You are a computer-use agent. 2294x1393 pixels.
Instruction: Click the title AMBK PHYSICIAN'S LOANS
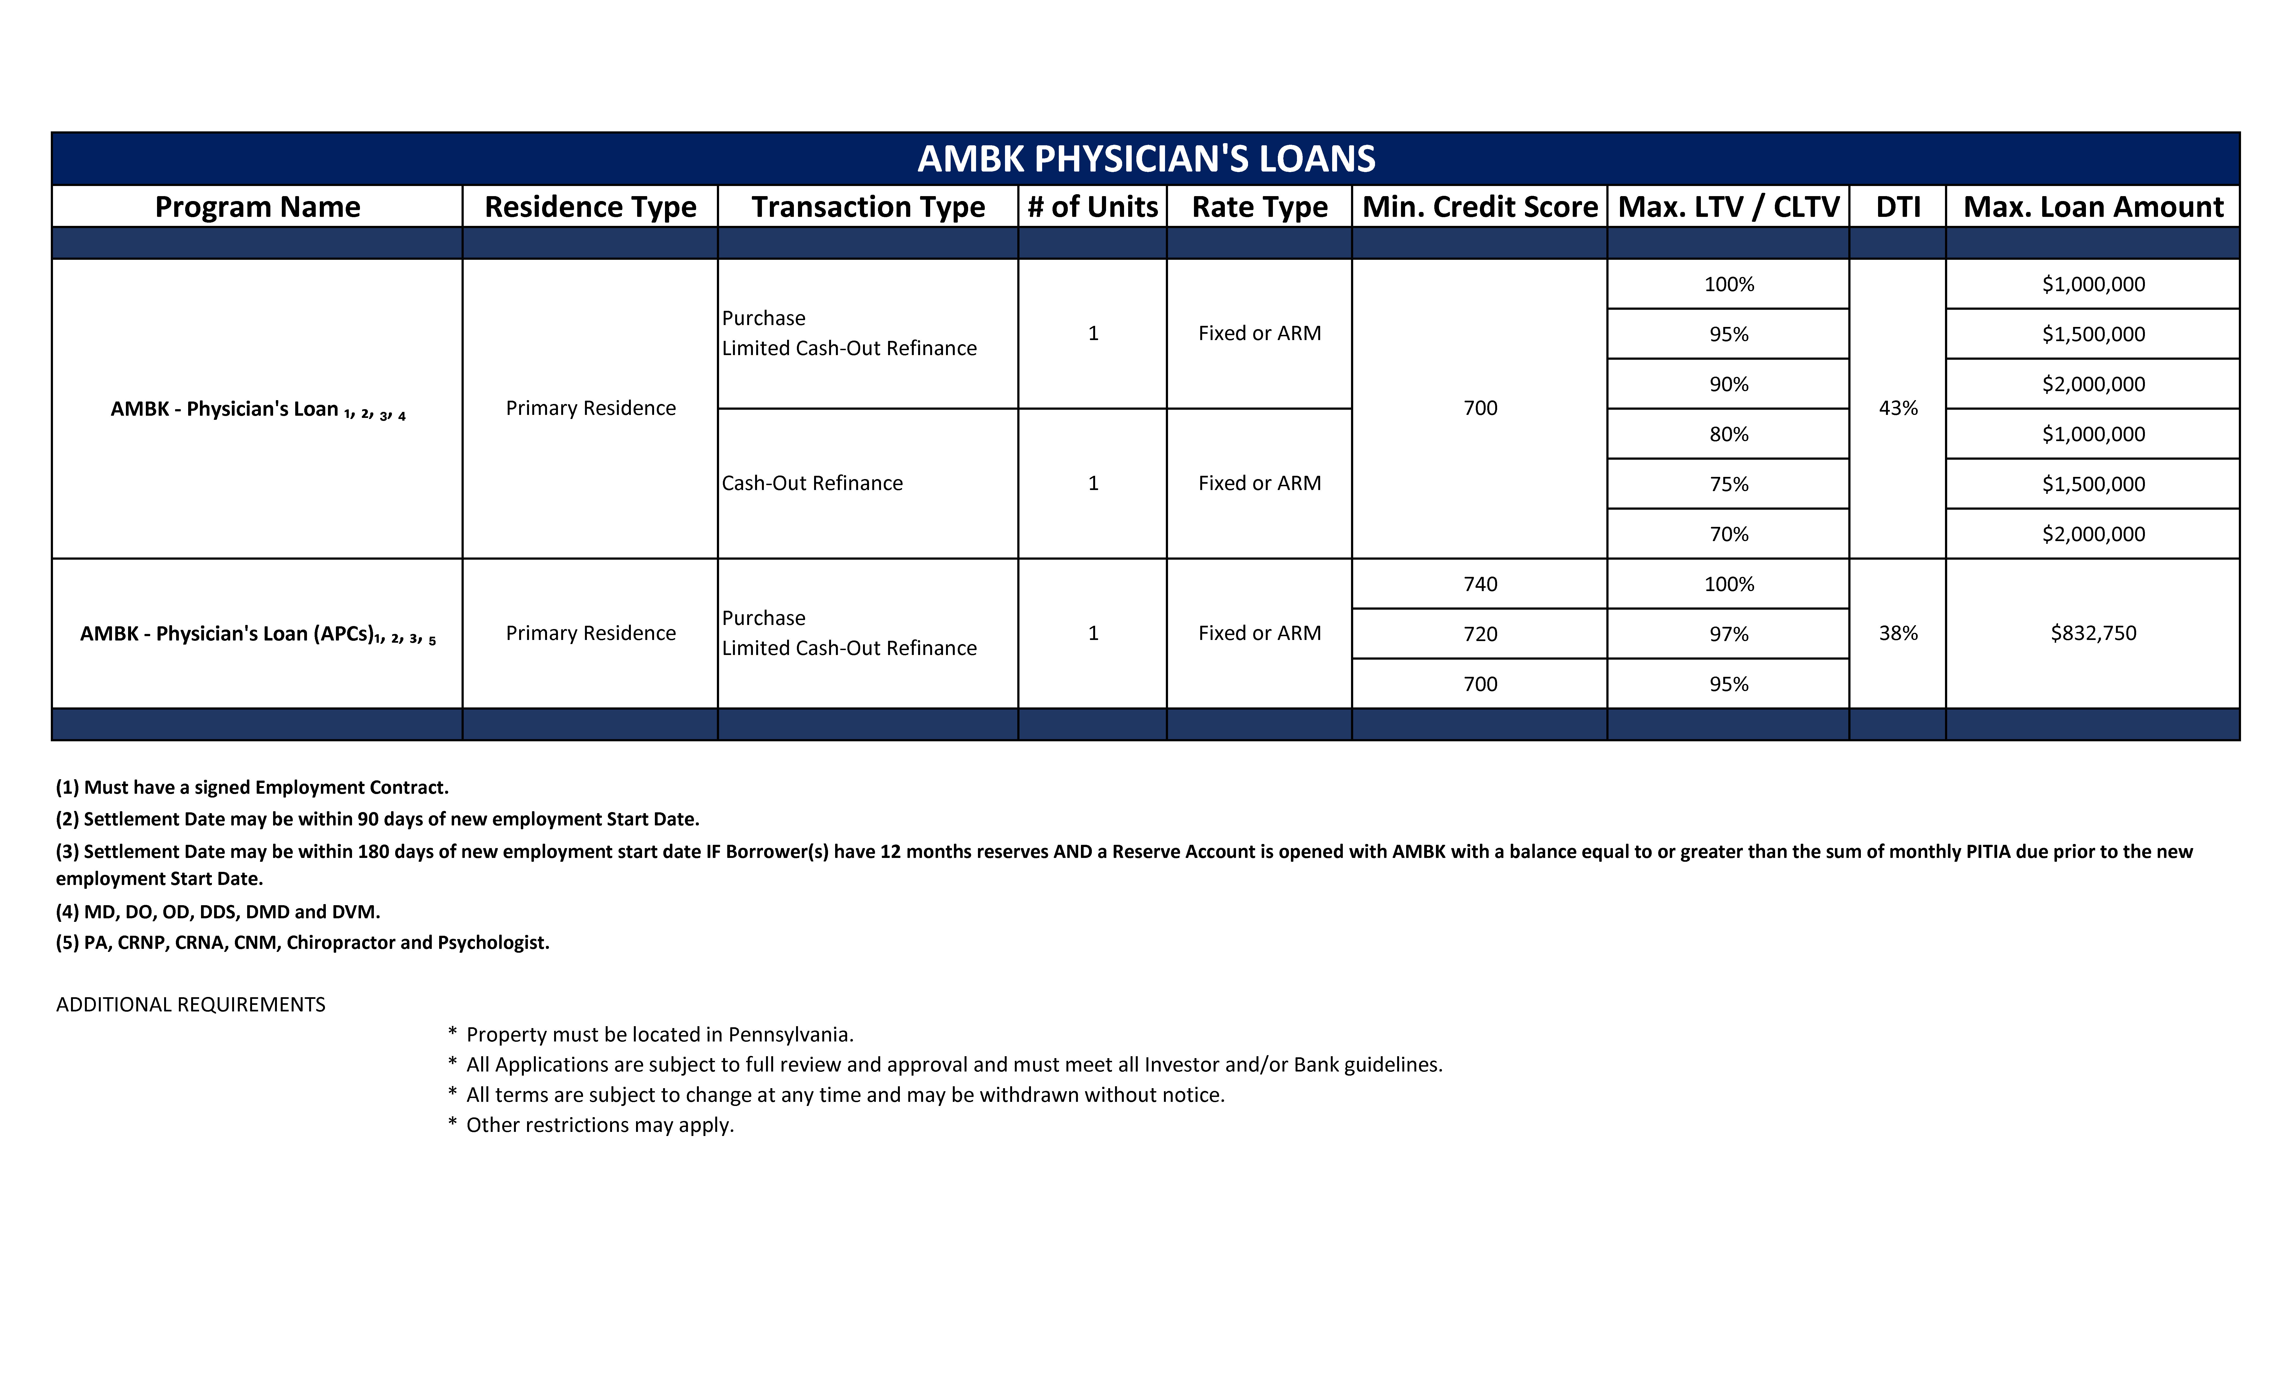[x=1146, y=159]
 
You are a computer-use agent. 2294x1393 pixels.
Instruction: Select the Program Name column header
[x=257, y=207]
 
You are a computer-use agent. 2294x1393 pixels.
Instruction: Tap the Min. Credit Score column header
[x=1479, y=207]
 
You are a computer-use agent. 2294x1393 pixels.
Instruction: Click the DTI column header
[x=1897, y=207]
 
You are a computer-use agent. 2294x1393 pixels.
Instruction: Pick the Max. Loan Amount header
[x=2093, y=207]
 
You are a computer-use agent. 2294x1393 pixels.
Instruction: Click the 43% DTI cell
[x=1897, y=408]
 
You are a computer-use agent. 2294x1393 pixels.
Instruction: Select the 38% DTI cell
[x=1897, y=633]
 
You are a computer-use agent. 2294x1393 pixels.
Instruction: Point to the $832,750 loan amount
[x=2093, y=633]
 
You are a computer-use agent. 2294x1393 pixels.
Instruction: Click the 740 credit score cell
[x=1479, y=584]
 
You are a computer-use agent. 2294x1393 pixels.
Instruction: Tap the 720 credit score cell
[x=1479, y=634]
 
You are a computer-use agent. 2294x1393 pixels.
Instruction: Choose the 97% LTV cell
[x=1728, y=634]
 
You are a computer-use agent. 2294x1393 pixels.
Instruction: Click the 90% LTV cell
[x=1728, y=384]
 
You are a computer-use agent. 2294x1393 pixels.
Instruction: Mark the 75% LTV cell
[x=1728, y=484]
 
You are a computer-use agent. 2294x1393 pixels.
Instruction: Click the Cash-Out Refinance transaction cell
[x=812, y=483]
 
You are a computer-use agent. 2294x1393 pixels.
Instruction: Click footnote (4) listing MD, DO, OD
[x=218, y=912]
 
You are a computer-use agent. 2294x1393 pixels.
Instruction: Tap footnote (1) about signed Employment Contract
[x=251, y=788]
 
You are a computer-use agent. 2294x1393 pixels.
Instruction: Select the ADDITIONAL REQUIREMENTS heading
[x=191, y=1005]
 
